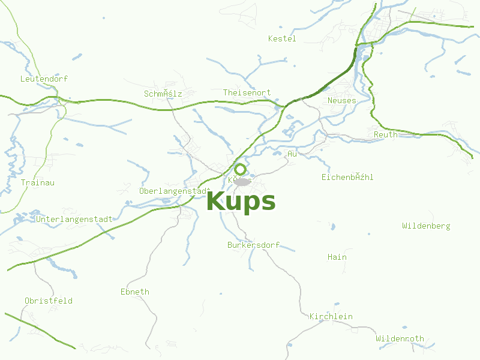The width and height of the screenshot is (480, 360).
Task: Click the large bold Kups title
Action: (241, 202)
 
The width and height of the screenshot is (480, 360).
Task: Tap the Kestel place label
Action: (282, 38)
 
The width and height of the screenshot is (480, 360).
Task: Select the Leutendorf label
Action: (44, 79)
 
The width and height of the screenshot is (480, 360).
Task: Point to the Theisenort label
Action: (247, 92)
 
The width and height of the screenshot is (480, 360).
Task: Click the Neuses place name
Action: (341, 100)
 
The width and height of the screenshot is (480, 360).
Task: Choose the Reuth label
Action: (385, 134)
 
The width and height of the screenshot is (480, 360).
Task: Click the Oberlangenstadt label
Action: (173, 191)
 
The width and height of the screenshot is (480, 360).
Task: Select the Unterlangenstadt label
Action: (74, 219)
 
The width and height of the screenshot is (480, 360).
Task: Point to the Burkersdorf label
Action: (253, 245)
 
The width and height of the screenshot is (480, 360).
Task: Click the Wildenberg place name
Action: (426, 226)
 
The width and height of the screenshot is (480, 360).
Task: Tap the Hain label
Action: (337, 257)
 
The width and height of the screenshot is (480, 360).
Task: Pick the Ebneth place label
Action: (135, 292)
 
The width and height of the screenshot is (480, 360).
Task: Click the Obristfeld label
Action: (49, 300)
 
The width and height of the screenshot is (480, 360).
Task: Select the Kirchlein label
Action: (331, 316)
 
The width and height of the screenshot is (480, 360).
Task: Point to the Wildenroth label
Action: (400, 338)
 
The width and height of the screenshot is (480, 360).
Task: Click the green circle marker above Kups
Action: (240, 169)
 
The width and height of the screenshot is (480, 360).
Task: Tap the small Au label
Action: (292, 154)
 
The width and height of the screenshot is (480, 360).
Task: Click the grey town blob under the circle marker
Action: (242, 181)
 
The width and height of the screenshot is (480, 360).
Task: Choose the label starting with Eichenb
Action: (347, 177)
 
